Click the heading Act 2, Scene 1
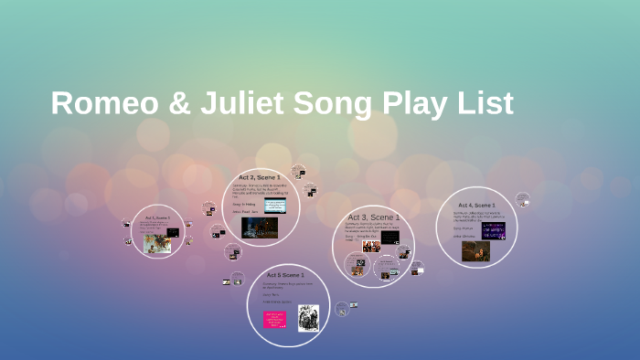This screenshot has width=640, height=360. click(260, 176)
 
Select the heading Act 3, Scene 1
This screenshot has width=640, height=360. click(373, 217)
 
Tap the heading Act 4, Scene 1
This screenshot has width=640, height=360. click(476, 206)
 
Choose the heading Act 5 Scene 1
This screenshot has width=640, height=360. click(287, 274)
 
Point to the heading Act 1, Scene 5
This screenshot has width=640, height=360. click(157, 218)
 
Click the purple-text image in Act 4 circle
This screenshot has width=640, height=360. click(493, 230)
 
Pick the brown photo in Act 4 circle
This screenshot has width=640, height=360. click(475, 250)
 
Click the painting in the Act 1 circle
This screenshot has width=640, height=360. click(157, 243)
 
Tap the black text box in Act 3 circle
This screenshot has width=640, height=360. click(389, 237)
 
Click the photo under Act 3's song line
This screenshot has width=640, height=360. click(371, 247)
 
